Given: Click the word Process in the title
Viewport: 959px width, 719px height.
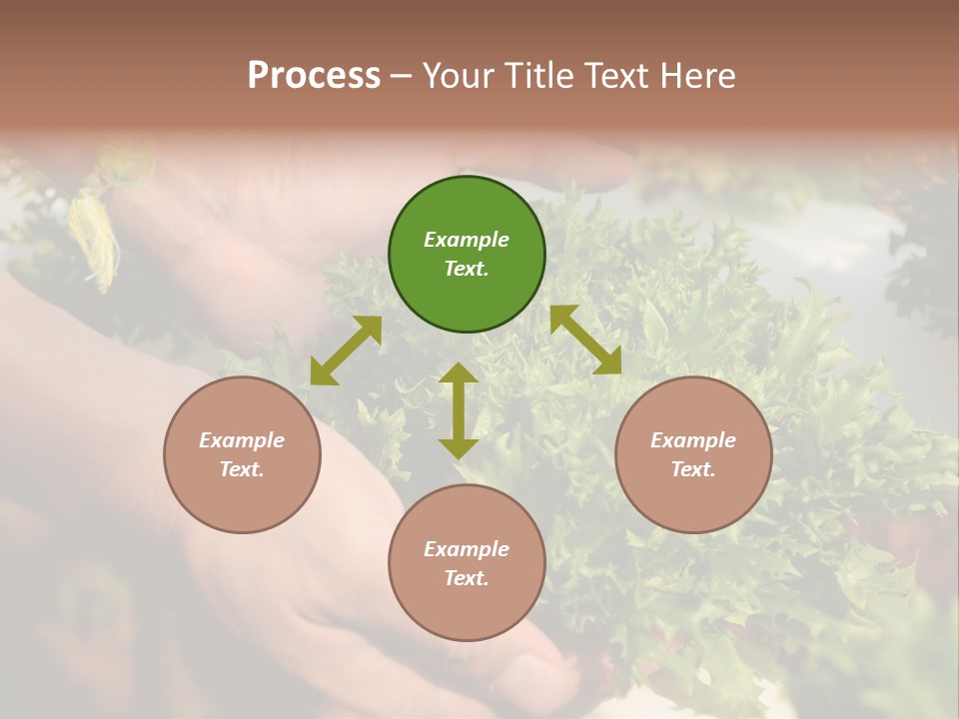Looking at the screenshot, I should (x=314, y=76).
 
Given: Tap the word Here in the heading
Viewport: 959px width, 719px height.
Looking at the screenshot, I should (x=695, y=76).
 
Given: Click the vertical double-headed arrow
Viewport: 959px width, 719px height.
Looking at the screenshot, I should (x=459, y=410).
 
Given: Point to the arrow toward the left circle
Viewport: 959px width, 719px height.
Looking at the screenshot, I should (x=346, y=351).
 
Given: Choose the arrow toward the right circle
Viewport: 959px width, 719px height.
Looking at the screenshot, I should (x=585, y=340).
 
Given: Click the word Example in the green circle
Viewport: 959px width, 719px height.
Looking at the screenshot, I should (x=467, y=240).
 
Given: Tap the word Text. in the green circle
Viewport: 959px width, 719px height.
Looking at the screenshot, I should (x=467, y=269).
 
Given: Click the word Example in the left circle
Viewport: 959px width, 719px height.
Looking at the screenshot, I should (x=242, y=440).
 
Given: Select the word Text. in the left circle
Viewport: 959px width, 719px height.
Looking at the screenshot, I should (x=242, y=469).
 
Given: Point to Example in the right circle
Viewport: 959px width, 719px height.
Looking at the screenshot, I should (x=693, y=440).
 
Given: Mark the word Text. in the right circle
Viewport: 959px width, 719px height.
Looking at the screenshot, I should (x=693, y=469).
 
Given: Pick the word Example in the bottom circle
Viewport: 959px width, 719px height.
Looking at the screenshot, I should (x=467, y=549).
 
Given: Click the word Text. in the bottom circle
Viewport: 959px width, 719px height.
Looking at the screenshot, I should (x=467, y=578).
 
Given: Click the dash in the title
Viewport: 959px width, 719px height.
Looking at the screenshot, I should (x=402, y=77).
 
